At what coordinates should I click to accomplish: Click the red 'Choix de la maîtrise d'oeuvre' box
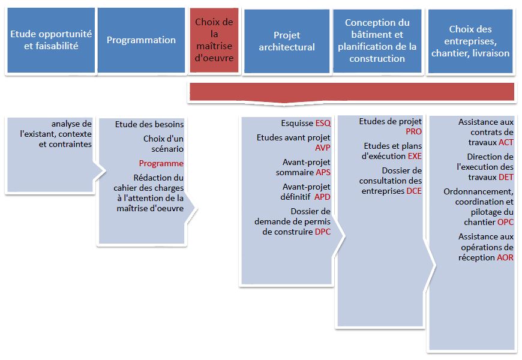tap(214, 40)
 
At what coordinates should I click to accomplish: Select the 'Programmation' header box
tap(141, 40)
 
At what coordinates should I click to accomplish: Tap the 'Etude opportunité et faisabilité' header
tap(51, 40)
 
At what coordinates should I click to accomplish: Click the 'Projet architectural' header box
tap(287, 41)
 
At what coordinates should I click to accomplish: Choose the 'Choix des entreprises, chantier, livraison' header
tap(470, 41)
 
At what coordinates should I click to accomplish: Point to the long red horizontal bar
tap(351, 91)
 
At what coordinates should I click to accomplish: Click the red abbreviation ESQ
tap(323, 124)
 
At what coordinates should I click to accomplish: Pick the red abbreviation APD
tap(323, 196)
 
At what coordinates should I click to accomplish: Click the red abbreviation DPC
tap(323, 231)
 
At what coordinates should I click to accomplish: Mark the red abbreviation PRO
tap(414, 131)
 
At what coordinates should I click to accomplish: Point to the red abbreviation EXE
tap(415, 156)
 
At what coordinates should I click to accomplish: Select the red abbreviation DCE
tap(414, 191)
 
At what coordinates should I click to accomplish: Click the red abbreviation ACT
tap(506, 142)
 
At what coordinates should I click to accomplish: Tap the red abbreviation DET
tap(506, 177)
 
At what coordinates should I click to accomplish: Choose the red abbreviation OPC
tap(506, 222)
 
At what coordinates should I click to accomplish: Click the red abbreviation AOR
tap(505, 257)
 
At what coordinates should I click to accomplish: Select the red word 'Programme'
tap(161, 163)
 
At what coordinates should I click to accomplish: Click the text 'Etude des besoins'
tap(149, 124)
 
